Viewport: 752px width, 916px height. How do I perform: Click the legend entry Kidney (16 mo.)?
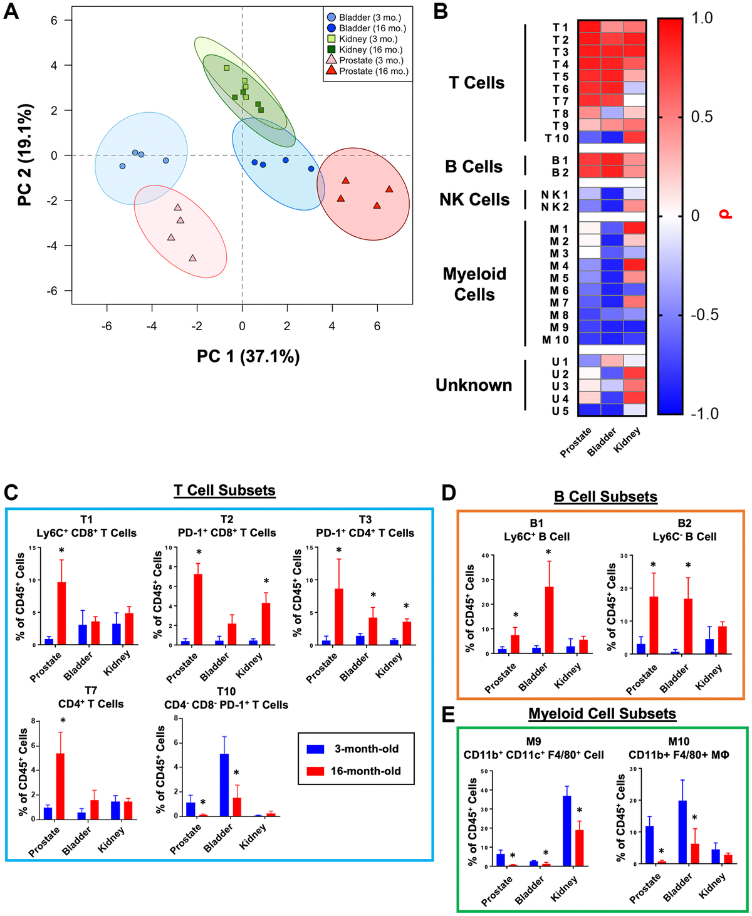click(370, 49)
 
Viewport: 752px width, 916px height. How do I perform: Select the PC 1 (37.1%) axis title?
click(248, 357)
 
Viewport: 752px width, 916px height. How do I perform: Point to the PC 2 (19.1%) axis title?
click(25, 155)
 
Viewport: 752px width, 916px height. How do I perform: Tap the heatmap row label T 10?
click(556, 138)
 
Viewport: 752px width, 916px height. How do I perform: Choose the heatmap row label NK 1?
click(555, 195)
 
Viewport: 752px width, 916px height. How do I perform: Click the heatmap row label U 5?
click(560, 411)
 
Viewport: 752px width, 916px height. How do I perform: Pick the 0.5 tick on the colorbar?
click(701, 117)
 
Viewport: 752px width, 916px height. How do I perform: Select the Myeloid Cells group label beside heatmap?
click(474, 284)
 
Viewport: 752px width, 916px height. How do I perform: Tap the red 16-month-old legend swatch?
click(315, 771)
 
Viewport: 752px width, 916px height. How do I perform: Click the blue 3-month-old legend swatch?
click(315, 749)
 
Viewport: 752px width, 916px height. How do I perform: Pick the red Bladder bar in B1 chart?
click(549, 620)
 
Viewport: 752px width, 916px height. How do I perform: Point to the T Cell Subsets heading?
click(224, 490)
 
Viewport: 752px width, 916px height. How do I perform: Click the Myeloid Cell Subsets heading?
click(602, 714)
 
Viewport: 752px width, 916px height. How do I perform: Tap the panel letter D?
click(448, 493)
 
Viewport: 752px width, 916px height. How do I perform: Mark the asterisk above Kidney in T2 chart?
click(266, 581)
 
